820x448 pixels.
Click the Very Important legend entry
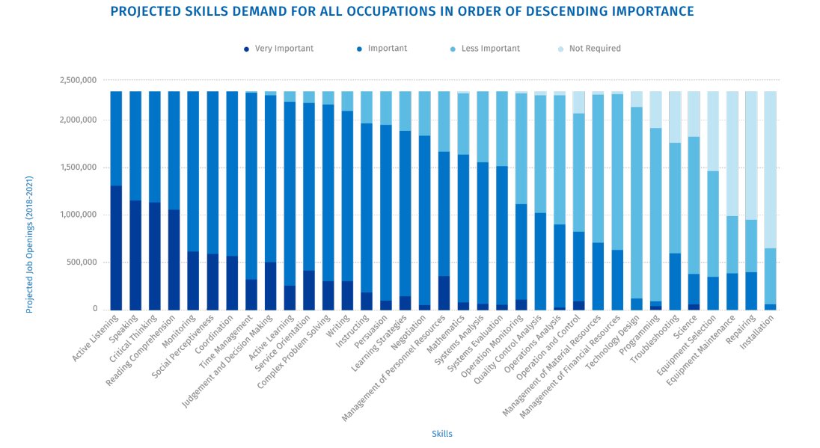coord(278,49)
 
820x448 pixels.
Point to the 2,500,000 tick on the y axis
coord(79,80)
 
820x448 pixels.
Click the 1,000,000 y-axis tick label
coord(79,215)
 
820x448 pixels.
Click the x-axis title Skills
coord(441,434)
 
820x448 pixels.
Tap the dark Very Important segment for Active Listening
coord(116,248)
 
